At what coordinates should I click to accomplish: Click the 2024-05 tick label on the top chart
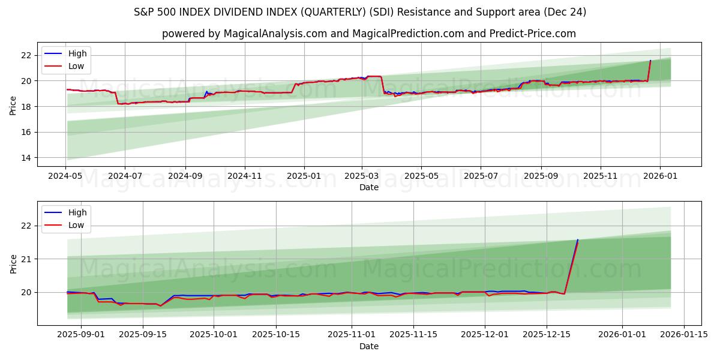[x=66, y=176]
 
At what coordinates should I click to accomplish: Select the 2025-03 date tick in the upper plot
[x=362, y=176]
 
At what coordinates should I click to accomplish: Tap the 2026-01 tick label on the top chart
[x=660, y=176]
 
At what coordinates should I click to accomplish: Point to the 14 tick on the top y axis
[x=26, y=158]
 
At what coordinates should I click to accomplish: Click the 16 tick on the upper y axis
[x=26, y=132]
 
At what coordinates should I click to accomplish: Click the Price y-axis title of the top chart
[x=13, y=105]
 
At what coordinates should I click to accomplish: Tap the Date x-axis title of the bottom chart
[x=369, y=346]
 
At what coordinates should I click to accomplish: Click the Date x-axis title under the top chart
[x=369, y=187]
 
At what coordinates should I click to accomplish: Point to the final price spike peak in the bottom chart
[x=578, y=240]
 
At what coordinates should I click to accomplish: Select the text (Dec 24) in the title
[x=564, y=12]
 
